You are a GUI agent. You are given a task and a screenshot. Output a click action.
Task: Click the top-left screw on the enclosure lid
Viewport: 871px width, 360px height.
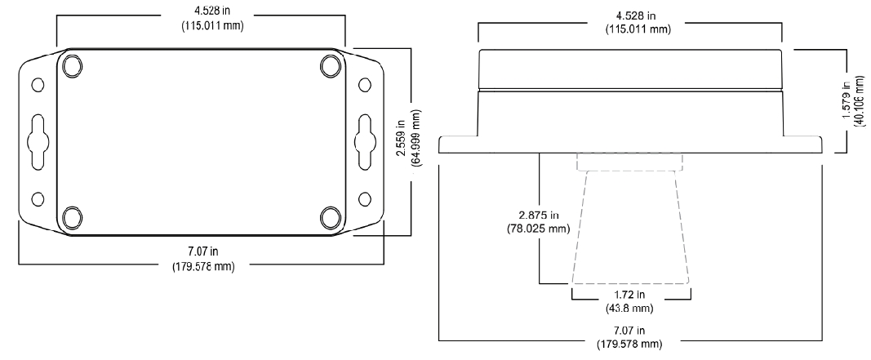click(71, 64)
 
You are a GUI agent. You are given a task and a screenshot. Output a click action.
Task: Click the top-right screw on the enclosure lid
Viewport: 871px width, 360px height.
click(331, 64)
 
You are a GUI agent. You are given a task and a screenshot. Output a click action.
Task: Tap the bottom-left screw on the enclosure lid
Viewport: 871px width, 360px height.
click(71, 217)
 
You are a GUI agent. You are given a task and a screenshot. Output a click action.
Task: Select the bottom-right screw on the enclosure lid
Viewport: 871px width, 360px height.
click(331, 217)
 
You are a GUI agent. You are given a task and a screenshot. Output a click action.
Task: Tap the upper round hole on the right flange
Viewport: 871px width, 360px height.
click(364, 85)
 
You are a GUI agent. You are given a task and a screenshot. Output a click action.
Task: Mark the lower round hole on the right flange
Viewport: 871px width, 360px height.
click(364, 197)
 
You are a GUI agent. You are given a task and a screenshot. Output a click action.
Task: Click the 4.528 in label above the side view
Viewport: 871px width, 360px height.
click(629, 16)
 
